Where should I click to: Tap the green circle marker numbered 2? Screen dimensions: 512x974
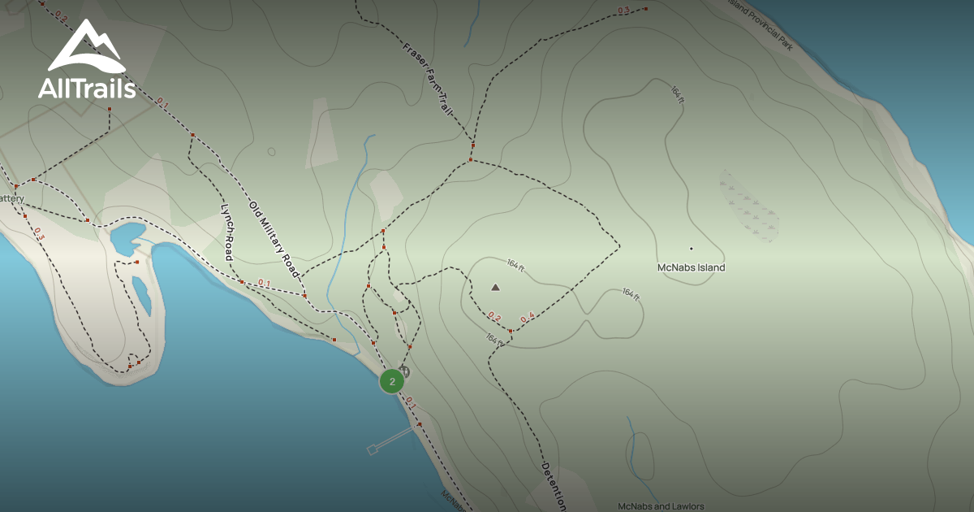[392, 381]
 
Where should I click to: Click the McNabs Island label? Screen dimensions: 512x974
[691, 267]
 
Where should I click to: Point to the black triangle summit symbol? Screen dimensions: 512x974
[495, 287]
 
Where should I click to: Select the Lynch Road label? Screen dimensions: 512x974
[227, 232]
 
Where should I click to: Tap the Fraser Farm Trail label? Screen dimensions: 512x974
[427, 81]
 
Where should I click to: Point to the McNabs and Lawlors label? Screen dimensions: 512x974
[661, 506]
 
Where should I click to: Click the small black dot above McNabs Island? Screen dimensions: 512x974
[692, 248]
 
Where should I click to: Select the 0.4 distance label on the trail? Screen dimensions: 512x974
[528, 317]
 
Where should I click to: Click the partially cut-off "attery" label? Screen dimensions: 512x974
[12, 198]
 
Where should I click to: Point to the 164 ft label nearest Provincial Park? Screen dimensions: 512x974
[677, 93]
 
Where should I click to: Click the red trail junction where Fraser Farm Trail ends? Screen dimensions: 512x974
[472, 146]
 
